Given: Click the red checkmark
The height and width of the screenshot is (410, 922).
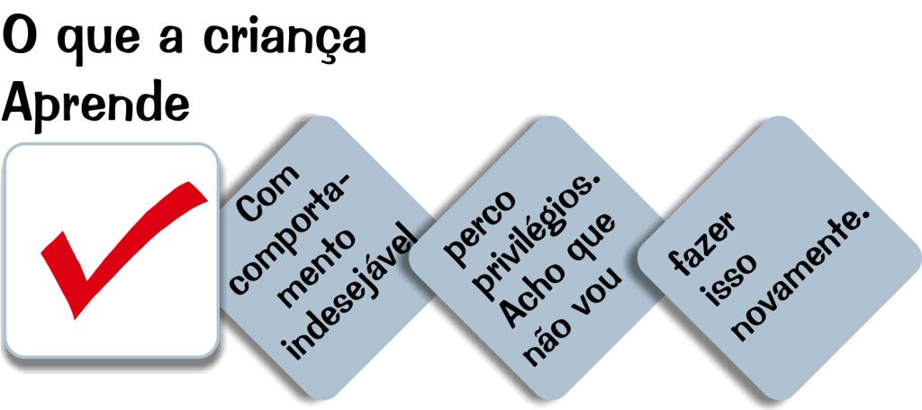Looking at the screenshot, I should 117,243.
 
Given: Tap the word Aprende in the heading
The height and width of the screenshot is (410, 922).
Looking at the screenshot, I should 95,104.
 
